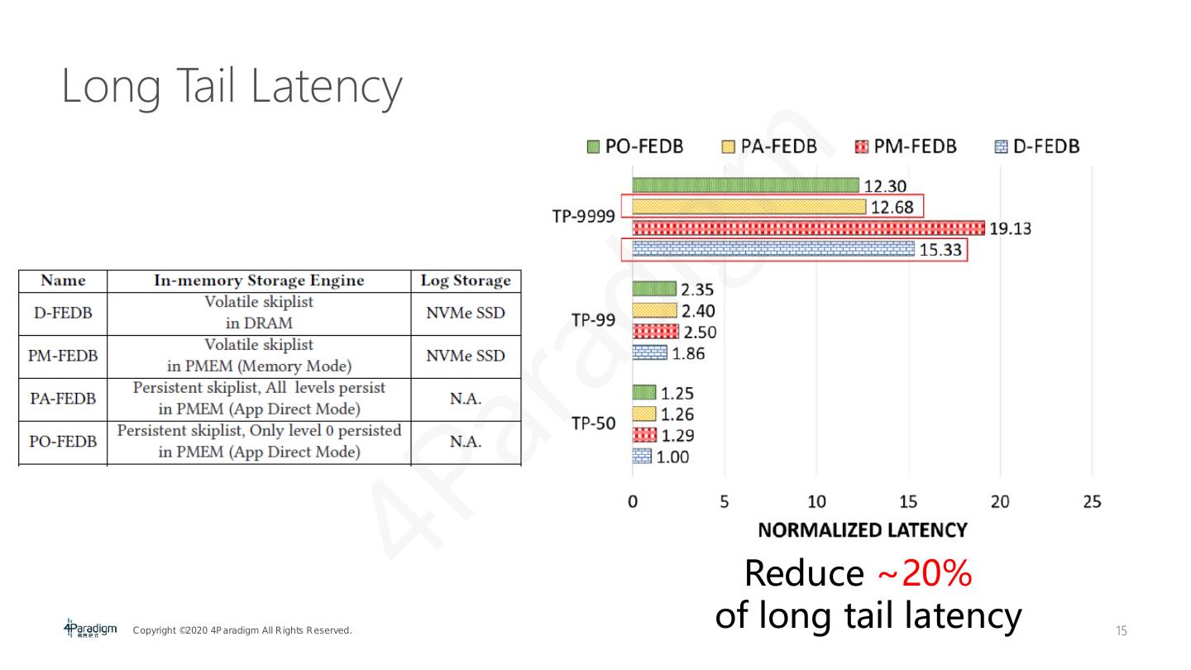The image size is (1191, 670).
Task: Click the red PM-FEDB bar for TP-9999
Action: (808, 227)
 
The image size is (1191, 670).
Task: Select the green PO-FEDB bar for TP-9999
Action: (745, 185)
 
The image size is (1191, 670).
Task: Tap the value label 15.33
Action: (941, 250)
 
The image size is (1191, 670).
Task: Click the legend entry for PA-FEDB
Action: (768, 146)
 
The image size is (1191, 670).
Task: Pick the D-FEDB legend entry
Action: (1036, 146)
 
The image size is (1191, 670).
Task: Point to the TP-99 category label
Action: (593, 321)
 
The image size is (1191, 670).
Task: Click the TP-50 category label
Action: (593, 424)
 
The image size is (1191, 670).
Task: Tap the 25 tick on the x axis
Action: (1092, 502)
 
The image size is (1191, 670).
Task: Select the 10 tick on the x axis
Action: (816, 502)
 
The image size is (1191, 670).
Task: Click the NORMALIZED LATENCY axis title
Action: (862, 530)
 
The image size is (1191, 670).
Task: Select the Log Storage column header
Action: (466, 280)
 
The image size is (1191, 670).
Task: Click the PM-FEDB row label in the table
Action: (63, 356)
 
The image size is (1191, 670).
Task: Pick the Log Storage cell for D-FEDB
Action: (466, 313)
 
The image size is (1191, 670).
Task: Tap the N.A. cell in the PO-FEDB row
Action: (466, 442)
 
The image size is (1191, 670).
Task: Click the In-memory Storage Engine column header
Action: (259, 280)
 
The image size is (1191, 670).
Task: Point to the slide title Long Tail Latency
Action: (232, 86)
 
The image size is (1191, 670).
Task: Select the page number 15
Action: (1122, 631)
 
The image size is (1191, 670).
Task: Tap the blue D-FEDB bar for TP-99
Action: (649, 353)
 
